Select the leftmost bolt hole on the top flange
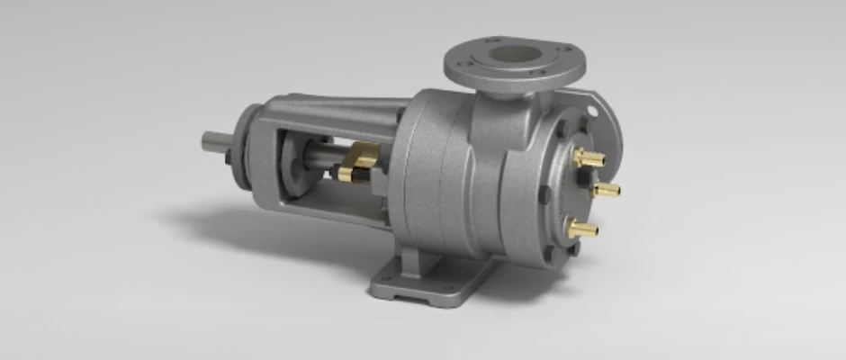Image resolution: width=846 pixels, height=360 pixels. pos(460,64)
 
